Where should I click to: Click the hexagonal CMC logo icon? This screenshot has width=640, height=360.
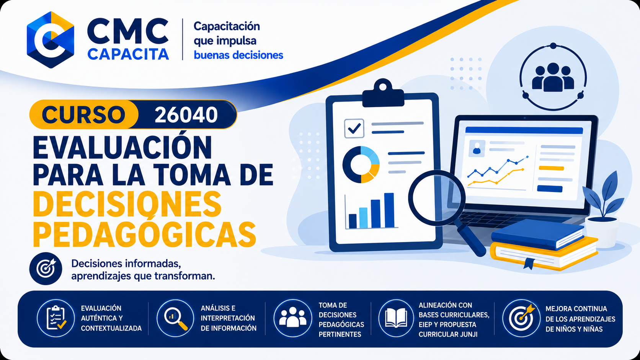(x=51, y=40)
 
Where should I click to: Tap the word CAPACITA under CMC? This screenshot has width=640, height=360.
(x=128, y=54)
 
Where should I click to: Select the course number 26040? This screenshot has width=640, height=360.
(x=186, y=115)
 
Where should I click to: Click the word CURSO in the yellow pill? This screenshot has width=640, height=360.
(x=83, y=115)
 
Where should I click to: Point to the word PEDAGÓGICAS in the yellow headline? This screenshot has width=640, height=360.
(x=144, y=235)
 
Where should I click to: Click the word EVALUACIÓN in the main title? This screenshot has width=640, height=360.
(x=122, y=148)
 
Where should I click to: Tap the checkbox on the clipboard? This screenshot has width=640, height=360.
(x=354, y=129)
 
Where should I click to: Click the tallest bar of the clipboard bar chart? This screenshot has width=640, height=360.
(x=389, y=210)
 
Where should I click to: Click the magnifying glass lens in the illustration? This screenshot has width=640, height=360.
(x=437, y=198)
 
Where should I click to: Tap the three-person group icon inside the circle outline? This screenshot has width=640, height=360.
(x=553, y=77)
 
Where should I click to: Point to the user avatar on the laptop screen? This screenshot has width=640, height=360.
(x=477, y=148)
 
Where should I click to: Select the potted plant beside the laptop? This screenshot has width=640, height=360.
(x=603, y=210)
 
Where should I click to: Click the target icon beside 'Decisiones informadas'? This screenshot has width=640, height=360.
(x=46, y=268)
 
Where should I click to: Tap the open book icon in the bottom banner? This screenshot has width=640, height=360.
(x=396, y=318)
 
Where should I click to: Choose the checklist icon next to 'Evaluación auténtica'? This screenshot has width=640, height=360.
(x=56, y=318)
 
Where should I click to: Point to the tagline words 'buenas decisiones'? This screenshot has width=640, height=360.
(x=238, y=55)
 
